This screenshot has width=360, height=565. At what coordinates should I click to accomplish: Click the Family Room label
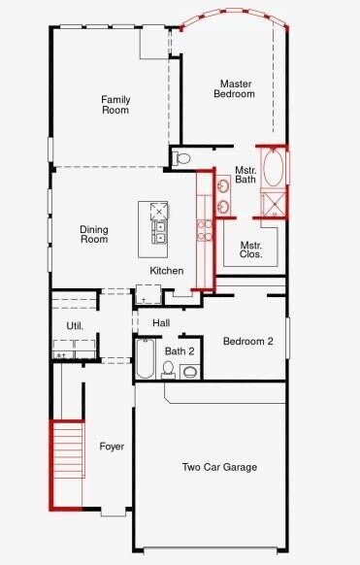pos(115,104)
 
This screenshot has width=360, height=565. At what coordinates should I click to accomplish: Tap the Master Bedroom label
pos(236,88)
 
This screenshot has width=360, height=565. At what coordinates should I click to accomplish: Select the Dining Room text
pos(93,234)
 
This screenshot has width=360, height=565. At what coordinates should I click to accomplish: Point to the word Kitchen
pos(166,270)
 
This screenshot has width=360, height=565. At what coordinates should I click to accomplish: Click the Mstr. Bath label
pos(245,173)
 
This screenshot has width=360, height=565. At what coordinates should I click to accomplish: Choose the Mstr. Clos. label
pos(250,250)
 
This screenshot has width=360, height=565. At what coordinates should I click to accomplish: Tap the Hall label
pos(161,322)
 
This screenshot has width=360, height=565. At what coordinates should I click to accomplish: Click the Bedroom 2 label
pos(247,342)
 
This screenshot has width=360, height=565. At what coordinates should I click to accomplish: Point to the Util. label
pos(75,326)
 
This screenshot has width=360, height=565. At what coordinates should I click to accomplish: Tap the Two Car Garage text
pos(219,467)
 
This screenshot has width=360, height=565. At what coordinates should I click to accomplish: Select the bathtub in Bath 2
pos(145,358)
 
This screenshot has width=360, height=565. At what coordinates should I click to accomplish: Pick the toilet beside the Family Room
pos(183,158)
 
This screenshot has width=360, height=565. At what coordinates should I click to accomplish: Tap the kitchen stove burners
pos(205,230)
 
